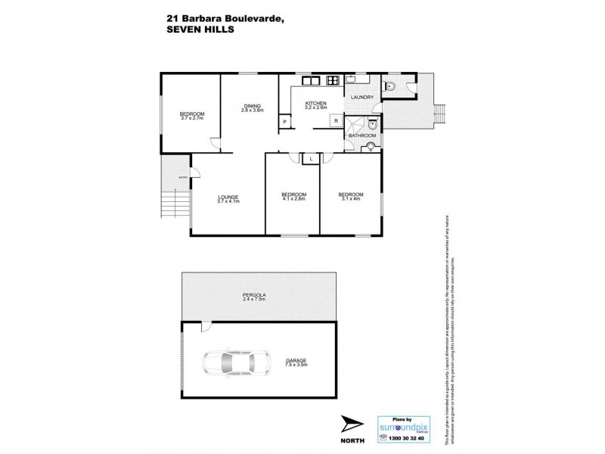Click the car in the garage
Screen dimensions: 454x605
[x=236, y=364]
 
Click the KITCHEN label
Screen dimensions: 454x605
[x=315, y=104]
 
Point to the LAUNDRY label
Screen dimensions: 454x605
[x=363, y=98]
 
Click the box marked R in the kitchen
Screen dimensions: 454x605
[x=334, y=120]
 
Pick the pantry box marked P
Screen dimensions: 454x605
[x=284, y=121]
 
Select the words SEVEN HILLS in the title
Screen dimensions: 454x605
[x=198, y=31]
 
